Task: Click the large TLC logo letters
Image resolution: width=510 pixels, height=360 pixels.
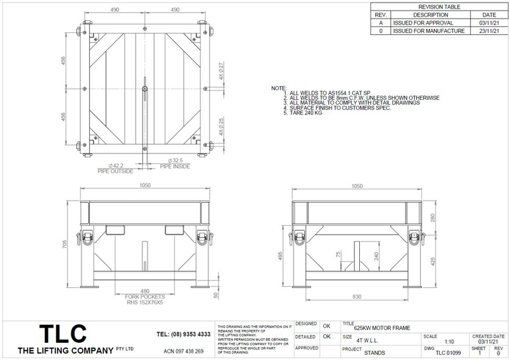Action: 62,332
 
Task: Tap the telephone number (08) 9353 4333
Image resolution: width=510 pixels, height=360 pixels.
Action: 183,334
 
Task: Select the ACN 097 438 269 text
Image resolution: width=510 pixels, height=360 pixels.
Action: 183,351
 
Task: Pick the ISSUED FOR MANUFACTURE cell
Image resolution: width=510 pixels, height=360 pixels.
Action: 428,30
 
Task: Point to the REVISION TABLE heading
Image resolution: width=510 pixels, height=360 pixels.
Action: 439,7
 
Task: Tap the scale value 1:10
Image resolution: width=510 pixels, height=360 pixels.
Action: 448,341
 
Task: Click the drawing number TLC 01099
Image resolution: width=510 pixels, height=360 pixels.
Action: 448,353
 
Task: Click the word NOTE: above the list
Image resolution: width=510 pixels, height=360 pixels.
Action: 278,88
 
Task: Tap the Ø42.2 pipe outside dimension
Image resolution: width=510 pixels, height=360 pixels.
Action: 117,165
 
